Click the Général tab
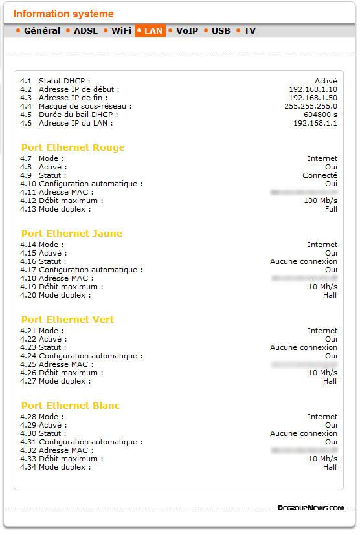[x=41, y=30]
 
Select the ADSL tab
[x=85, y=30]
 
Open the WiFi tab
[x=121, y=30]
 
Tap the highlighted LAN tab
[x=153, y=30]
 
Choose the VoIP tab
[x=186, y=30]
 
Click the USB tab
[x=221, y=30]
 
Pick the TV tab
[x=249, y=30]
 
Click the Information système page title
[x=63, y=14]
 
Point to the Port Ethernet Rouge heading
[x=73, y=147]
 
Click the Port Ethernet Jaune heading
[x=71, y=234]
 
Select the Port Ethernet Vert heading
[x=67, y=320]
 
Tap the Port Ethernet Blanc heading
[x=70, y=406]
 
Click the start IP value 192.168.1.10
[x=313, y=89]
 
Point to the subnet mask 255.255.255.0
[x=310, y=106]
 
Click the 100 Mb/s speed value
[x=321, y=201]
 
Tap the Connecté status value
[x=319, y=175]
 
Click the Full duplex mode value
[x=331, y=209]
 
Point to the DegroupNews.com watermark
[x=311, y=508]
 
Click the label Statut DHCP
[x=64, y=81]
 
